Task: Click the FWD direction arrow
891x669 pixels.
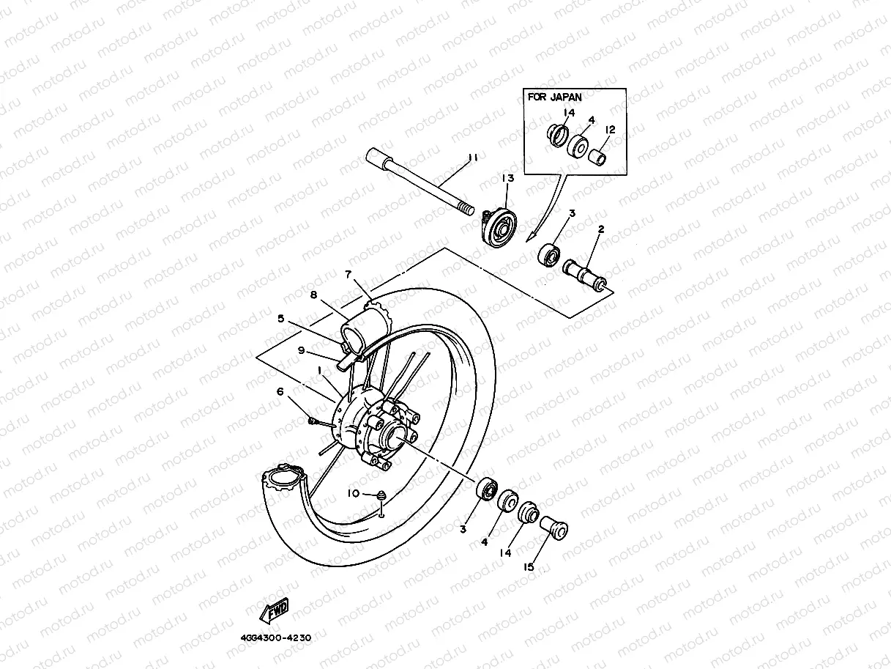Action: [x=274, y=610]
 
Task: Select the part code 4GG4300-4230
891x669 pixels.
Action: [x=275, y=637]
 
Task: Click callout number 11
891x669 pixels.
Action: [x=473, y=157]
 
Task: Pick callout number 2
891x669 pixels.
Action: [x=600, y=229]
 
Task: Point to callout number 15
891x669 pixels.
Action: [x=529, y=566]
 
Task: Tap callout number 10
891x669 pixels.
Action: [x=354, y=494]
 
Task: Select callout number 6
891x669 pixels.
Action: [x=280, y=392]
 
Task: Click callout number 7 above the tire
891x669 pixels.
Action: [x=348, y=274]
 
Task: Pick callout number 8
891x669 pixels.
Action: [x=313, y=295]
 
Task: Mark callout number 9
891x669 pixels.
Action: [x=301, y=350]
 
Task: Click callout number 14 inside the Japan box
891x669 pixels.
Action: [x=569, y=112]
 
